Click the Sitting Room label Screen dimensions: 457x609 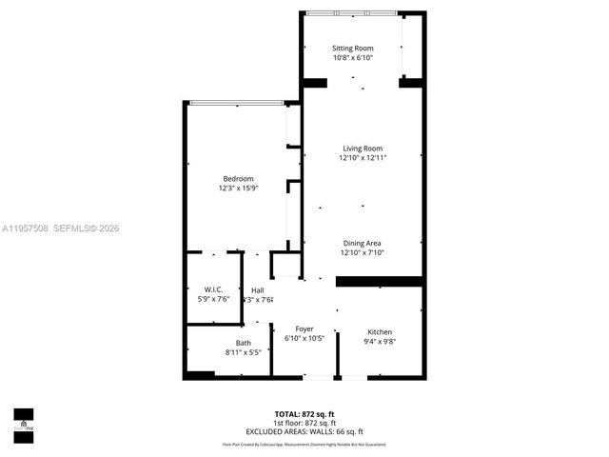(x=352, y=48)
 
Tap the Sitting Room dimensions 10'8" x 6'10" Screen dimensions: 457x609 (x=352, y=58)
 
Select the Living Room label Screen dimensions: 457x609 (x=363, y=148)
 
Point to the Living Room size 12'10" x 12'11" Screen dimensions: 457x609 (x=363, y=158)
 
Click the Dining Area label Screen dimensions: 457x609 (x=362, y=243)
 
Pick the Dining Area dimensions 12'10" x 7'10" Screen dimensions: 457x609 (x=362, y=253)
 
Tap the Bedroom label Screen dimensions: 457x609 (x=238, y=179)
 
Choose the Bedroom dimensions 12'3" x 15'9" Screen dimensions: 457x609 (x=238, y=189)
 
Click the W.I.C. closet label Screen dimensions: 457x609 (x=213, y=289)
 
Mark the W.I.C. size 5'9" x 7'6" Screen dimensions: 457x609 (x=213, y=300)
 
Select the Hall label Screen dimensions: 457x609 (x=258, y=289)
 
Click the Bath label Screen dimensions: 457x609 (x=244, y=343)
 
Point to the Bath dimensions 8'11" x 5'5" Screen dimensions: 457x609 (x=244, y=352)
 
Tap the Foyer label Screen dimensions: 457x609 (x=304, y=328)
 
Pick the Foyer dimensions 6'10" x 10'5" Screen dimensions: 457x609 (x=304, y=339)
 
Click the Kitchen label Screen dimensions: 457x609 (x=380, y=331)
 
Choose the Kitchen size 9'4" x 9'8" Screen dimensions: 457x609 (x=380, y=342)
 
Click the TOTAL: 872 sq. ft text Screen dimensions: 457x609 (x=304, y=414)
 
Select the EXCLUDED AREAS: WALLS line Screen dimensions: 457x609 (x=304, y=431)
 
